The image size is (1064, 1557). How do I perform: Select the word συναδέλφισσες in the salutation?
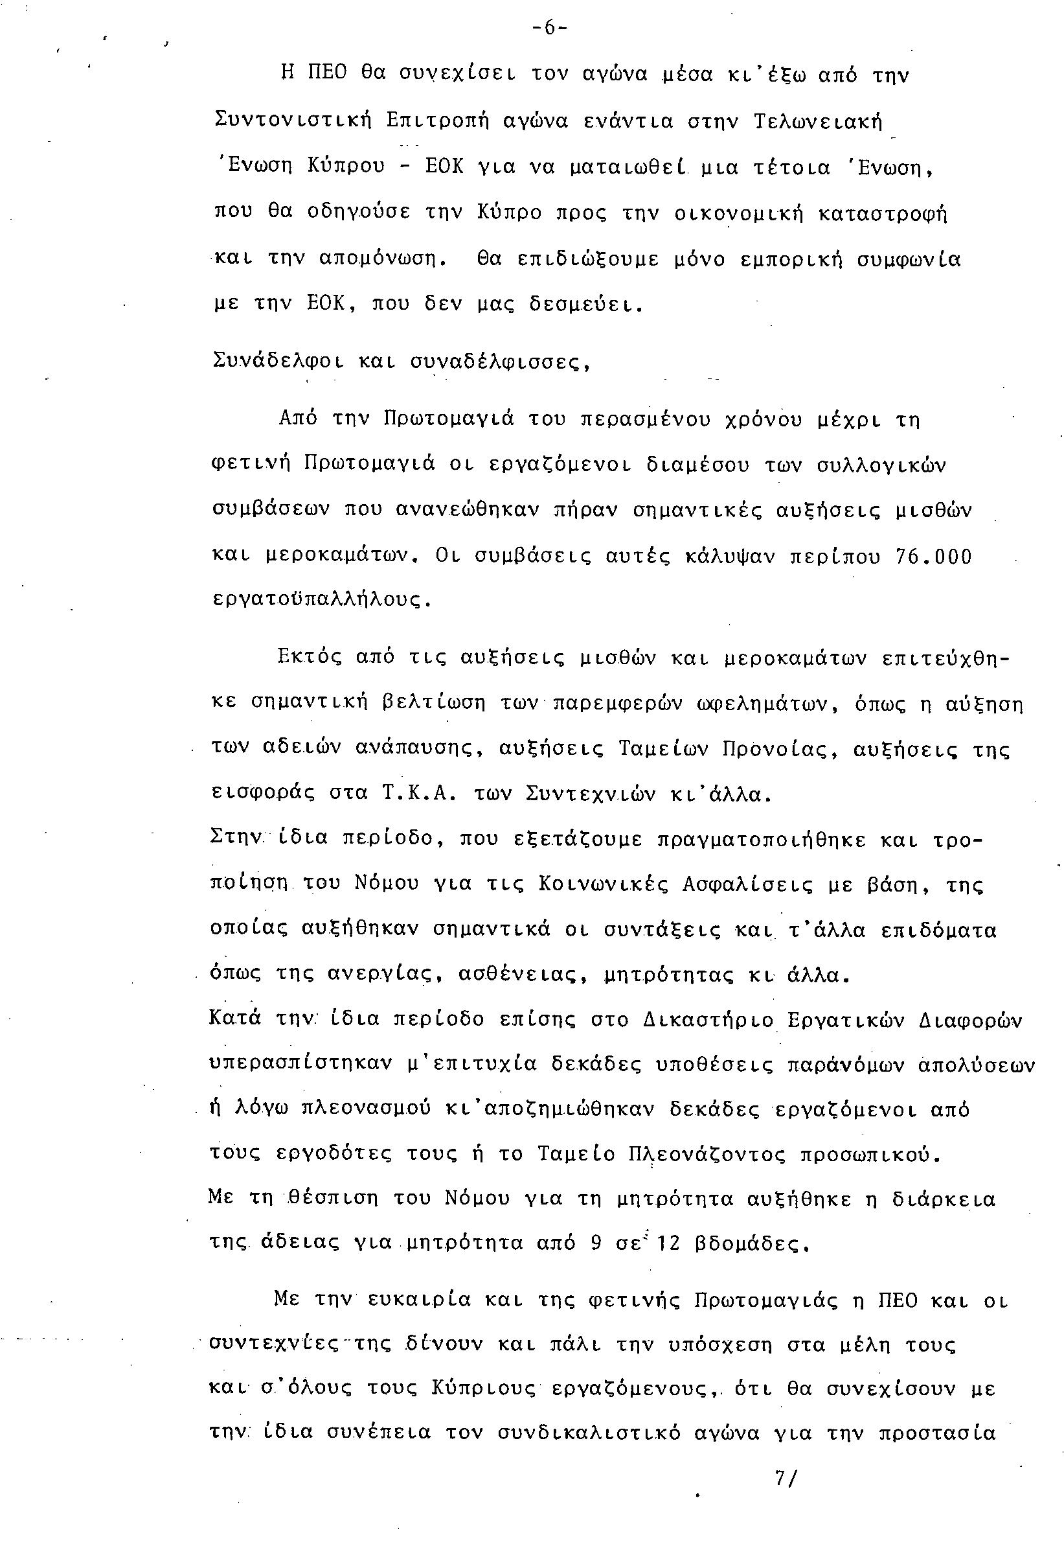[x=499, y=362]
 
